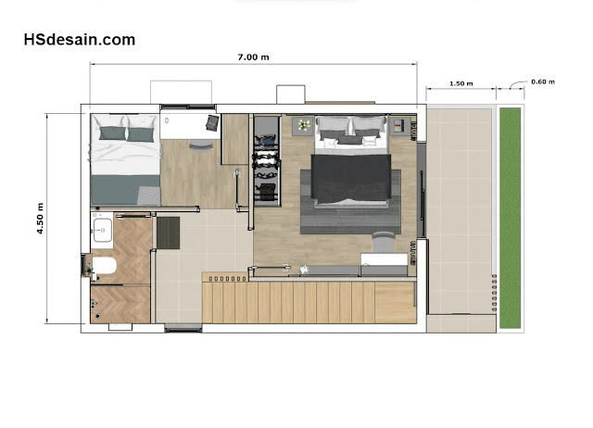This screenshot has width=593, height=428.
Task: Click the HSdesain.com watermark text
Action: (80, 40)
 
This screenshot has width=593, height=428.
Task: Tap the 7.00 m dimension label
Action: (253, 57)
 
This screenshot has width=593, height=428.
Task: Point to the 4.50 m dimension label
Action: (40, 219)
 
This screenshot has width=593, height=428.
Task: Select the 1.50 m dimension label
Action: (461, 83)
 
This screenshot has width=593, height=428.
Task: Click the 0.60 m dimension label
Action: (543, 82)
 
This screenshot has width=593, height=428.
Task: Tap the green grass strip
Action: (511, 218)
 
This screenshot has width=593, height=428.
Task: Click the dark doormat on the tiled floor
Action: (169, 233)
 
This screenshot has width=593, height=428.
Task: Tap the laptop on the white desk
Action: (212, 122)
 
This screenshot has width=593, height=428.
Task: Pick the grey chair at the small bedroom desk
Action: (201, 145)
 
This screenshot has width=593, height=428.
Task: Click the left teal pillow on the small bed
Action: (112, 133)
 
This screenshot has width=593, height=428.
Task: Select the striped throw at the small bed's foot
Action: (148, 195)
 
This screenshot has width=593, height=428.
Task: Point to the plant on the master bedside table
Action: (304, 125)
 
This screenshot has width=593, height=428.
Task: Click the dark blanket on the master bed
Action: (351, 177)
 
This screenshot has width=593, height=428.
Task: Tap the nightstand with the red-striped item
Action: (399, 125)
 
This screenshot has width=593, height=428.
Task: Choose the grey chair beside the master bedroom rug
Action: (383, 242)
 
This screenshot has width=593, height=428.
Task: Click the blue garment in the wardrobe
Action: (269, 141)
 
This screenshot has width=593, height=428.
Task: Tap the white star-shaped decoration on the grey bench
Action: (305, 270)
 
